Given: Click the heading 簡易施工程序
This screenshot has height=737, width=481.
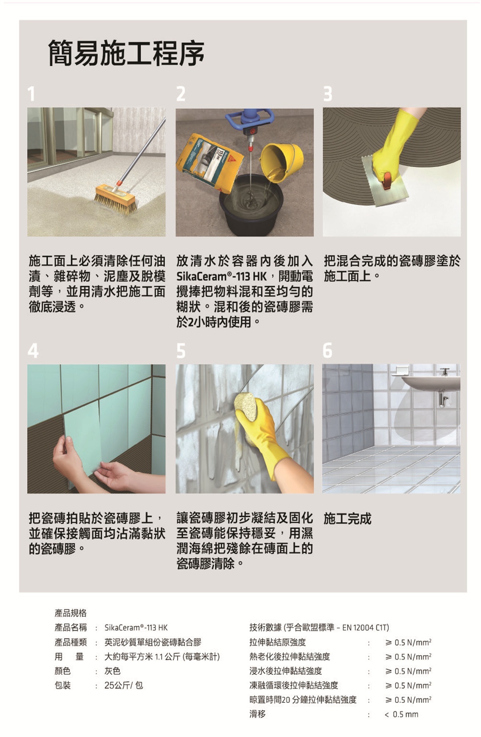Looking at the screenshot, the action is coord(126,53).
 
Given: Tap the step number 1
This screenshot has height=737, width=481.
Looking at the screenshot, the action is coord(31,94).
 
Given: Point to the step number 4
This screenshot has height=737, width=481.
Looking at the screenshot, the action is coord(33,350).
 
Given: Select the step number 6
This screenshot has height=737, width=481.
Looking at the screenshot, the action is coord(327,350).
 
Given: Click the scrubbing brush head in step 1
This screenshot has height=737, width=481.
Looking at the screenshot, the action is coord(116,198).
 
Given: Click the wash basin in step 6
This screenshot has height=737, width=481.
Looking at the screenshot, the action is coord(431,383).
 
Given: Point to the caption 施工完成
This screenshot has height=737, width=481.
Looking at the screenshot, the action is coord(348,519).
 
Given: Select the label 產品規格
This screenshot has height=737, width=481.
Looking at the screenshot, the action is coord(71,613).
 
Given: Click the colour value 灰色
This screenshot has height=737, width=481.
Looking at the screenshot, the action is coord(112,671).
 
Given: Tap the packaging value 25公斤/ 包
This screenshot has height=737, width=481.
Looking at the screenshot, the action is coord(123,685).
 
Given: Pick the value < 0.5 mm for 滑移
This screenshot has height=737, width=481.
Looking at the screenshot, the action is coord(401,714).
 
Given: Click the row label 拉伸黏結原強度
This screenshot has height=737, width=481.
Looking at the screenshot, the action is coord(277,642).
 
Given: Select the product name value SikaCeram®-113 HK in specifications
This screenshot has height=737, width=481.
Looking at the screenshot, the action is coord(136,627).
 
